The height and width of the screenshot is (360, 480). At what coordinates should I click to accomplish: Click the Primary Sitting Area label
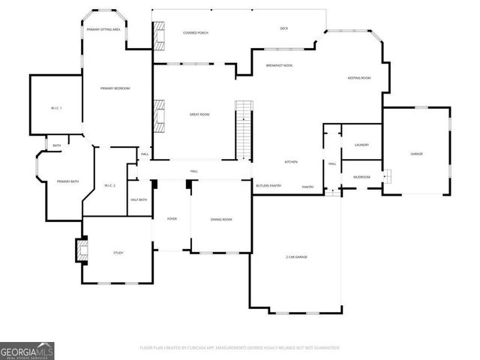[x=104, y=29]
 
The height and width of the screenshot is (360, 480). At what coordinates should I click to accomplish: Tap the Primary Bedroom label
[x=115, y=88]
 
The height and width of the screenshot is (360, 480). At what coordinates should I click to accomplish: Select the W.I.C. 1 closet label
[x=56, y=108]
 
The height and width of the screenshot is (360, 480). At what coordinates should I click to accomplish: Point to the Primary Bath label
[x=68, y=181]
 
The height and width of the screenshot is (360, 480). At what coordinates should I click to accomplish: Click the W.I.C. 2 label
[x=109, y=184]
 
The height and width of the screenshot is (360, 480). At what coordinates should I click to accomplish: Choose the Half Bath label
[x=138, y=199]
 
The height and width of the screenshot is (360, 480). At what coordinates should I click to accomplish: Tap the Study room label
[x=118, y=253]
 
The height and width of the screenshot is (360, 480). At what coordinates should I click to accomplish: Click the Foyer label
[x=172, y=219]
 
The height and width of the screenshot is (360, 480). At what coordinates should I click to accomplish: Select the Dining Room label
[x=220, y=219]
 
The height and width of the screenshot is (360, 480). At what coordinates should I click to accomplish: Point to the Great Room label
[x=199, y=114]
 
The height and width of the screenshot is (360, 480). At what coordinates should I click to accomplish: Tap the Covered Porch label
[x=195, y=33]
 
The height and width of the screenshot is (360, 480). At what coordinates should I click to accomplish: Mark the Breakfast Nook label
[x=279, y=66]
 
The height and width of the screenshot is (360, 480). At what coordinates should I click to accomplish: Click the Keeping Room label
[x=358, y=78]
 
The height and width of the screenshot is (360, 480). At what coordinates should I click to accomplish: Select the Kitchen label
[x=291, y=162]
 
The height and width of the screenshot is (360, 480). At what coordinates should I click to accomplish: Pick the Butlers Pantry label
[x=268, y=185]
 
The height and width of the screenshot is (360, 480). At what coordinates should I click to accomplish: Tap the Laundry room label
[x=361, y=145]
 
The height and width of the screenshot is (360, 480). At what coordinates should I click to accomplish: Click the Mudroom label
[x=361, y=177]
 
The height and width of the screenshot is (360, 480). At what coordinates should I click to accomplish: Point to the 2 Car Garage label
[x=296, y=256]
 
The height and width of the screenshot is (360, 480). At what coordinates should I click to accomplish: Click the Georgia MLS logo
[x=27, y=350]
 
